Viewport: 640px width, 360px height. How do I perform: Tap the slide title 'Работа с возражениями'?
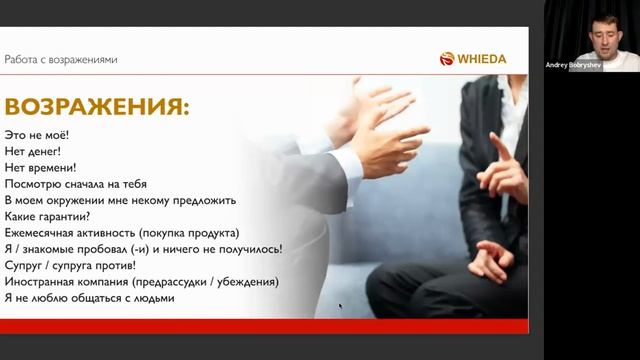[61, 59]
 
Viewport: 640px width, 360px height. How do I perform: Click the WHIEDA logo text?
[482, 59]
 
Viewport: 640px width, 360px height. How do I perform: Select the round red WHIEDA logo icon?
[447, 59]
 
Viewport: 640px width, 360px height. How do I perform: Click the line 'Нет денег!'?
[34, 151]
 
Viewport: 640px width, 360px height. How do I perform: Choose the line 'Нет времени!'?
[41, 168]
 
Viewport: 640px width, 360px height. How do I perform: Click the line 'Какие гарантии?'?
[48, 216]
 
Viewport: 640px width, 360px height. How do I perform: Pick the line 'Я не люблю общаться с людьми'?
[90, 298]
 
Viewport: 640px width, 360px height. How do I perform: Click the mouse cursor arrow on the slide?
[340, 306]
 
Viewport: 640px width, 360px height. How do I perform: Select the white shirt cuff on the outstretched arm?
[345, 164]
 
